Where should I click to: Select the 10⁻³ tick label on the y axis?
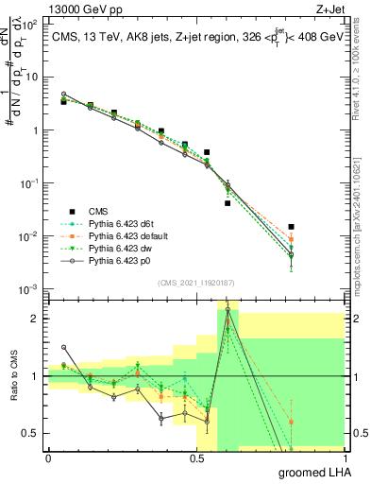tap(29, 288)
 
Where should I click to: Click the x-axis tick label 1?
tap(345, 458)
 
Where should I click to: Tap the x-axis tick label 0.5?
tap(196, 458)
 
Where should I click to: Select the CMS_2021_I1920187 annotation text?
tap(196, 281)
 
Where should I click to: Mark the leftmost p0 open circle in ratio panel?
tap(63, 347)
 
